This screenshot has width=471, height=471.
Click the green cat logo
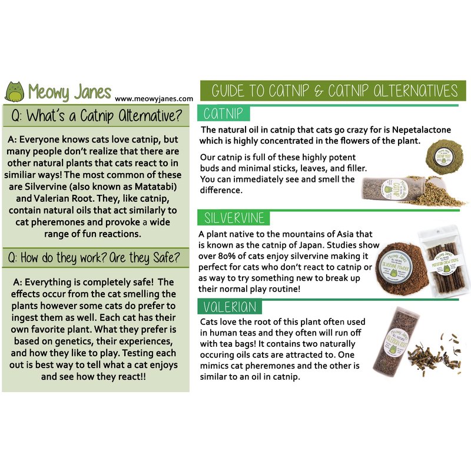point(14,92)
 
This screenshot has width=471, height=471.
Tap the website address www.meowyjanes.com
point(154,98)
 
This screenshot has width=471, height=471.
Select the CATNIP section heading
point(223,114)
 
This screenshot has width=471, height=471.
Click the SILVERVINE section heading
point(234,218)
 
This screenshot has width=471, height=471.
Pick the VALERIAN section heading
point(230,307)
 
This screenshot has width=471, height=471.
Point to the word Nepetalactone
point(422,130)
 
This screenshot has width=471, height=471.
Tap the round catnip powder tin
point(445,156)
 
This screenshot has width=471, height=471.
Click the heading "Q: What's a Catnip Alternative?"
point(97,115)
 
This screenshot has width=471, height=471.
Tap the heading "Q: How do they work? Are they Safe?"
point(94,258)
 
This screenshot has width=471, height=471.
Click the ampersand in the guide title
point(318,91)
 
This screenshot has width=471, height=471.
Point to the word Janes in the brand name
point(93,92)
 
